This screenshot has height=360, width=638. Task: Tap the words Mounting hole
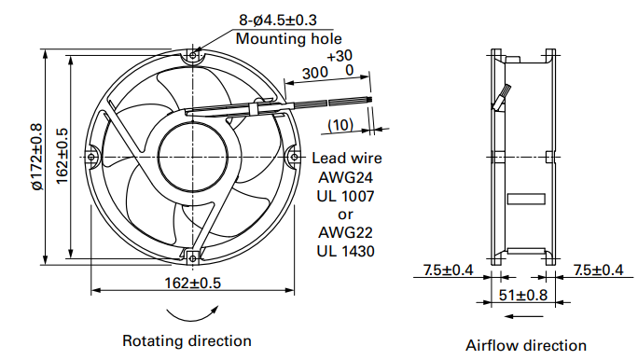click(x=288, y=38)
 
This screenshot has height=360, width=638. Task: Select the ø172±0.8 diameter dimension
click(x=36, y=157)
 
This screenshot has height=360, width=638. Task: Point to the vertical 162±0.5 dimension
click(x=62, y=156)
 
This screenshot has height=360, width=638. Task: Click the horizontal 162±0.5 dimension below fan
click(x=192, y=283)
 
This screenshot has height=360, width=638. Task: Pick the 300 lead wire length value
click(x=315, y=74)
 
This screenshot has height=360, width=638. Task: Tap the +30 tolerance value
click(x=340, y=56)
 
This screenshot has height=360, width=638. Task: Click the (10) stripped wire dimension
click(x=340, y=125)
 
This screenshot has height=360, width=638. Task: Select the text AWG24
click(x=345, y=177)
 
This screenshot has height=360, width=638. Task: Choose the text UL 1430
click(x=345, y=251)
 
